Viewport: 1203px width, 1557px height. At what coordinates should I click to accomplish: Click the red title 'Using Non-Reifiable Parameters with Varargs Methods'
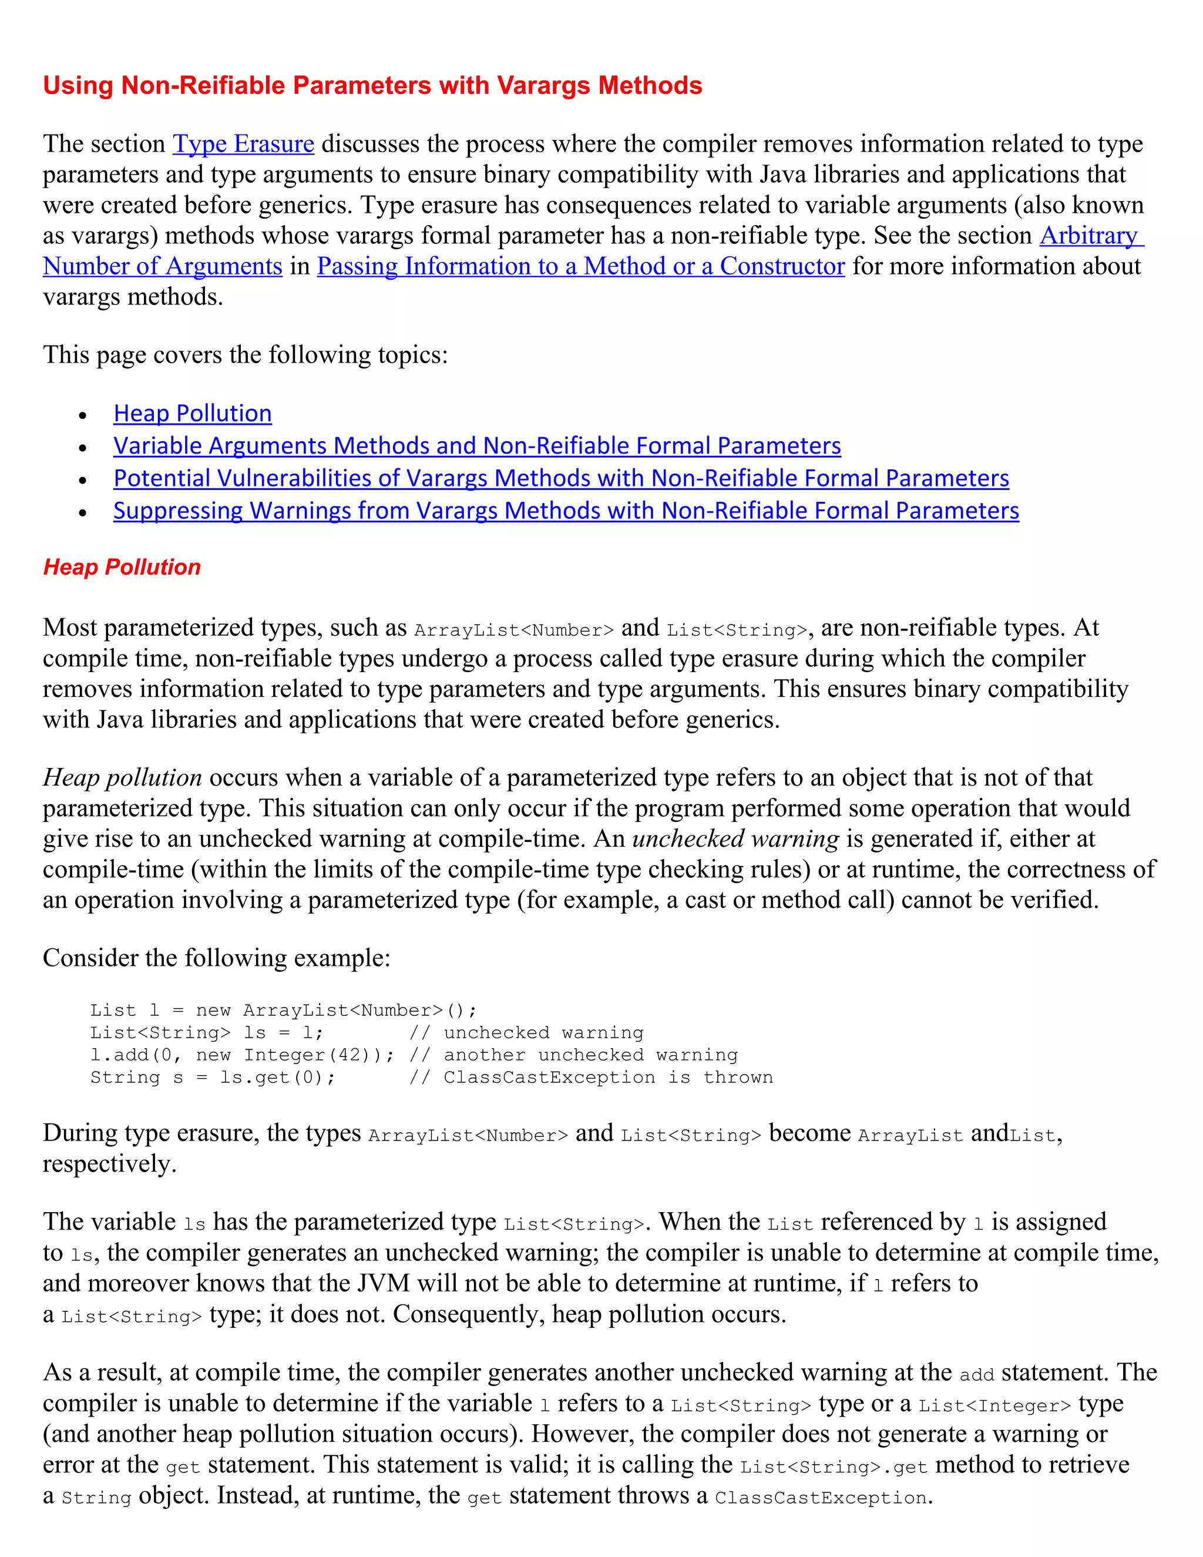coord(372,86)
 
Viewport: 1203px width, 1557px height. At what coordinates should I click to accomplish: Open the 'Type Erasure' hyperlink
coord(243,144)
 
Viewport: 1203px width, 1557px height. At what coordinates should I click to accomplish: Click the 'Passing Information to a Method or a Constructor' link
coord(580,266)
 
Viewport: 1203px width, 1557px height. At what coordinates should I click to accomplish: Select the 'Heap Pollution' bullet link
coord(193,414)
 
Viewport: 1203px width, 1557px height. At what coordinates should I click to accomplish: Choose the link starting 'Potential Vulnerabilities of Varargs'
coord(561,478)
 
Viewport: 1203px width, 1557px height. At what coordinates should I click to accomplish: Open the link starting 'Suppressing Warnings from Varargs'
coord(566,511)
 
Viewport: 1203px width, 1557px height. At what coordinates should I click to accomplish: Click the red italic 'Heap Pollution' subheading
coord(122,568)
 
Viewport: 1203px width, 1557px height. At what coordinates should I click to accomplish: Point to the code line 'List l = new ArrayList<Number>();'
coord(283,1010)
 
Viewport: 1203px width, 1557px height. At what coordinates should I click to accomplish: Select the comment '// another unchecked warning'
coord(574,1055)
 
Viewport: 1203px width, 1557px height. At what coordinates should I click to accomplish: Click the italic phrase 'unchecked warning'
coord(735,839)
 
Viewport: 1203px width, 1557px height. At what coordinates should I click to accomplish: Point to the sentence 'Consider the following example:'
coord(217,958)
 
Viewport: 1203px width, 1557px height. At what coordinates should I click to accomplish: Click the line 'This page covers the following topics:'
coord(245,355)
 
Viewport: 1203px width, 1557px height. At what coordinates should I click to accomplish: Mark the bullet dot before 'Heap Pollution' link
coord(83,415)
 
